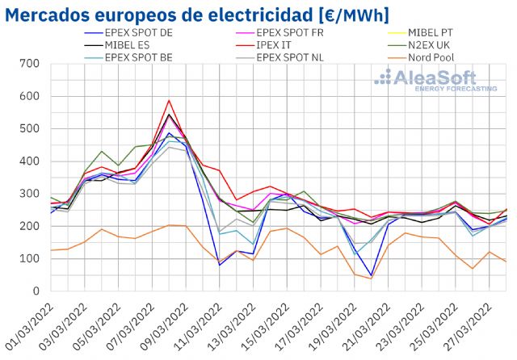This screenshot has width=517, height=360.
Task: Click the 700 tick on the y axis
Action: click(x=30, y=64)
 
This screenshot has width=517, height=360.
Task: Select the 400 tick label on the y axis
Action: click(x=30, y=161)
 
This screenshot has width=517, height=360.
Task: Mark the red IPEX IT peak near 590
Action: click(x=169, y=101)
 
